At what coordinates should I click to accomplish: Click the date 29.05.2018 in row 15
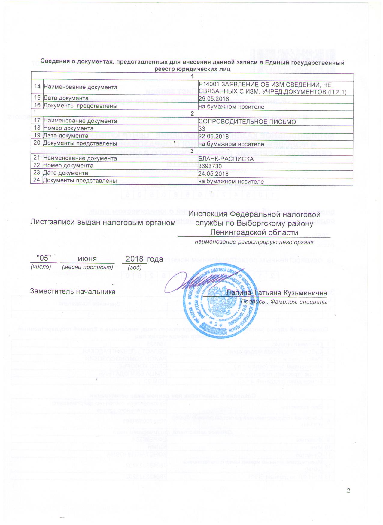coord(214,99)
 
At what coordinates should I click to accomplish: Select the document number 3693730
coord(210,166)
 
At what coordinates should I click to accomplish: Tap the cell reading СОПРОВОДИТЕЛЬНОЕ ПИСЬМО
coord(247,121)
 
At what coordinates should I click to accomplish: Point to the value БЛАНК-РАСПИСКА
coord(226,158)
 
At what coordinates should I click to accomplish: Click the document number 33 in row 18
coord(202,129)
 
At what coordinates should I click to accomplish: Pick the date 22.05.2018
coord(214,136)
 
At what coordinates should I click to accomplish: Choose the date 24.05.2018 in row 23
coord(214,173)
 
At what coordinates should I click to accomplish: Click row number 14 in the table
coord(37,87)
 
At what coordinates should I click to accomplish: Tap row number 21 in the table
coord(37,158)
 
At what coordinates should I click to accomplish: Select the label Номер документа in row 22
coord(68,166)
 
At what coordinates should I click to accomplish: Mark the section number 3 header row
coord(192,151)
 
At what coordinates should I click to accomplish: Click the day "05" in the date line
coord(44,258)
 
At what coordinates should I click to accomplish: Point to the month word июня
coord(87,259)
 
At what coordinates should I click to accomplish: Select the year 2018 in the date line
coord(134,259)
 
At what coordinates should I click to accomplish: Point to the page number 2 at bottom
coord(348,490)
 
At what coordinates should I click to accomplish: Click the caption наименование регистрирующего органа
coord(254,242)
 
